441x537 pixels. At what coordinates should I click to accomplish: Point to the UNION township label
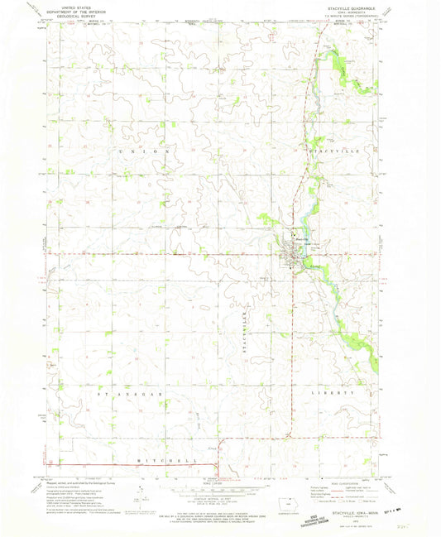146,151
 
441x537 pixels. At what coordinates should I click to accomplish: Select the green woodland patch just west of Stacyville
266,219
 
